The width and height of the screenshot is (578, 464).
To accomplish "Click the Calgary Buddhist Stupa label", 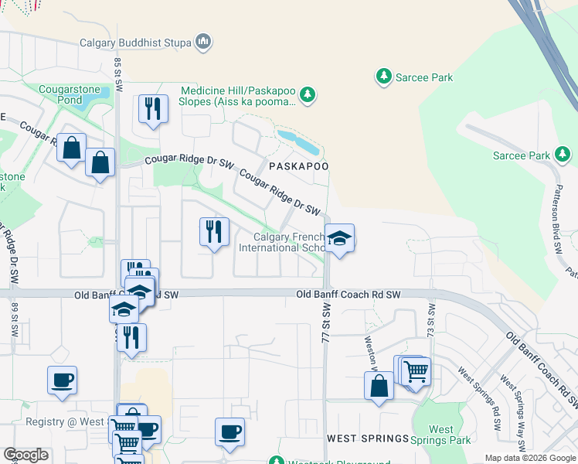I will click(x=135, y=43).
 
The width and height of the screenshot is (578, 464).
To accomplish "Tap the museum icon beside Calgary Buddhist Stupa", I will click(x=203, y=41).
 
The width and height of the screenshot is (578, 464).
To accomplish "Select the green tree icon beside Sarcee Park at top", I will click(x=382, y=77).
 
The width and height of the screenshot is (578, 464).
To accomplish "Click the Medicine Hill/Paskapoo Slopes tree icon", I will click(x=308, y=94).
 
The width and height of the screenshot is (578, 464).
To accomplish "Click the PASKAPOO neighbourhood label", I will click(x=299, y=166).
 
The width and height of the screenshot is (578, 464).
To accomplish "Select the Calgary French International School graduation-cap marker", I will click(x=339, y=239).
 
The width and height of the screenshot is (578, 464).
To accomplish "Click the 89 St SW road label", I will click(x=14, y=319).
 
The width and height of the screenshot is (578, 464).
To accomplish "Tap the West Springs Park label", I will click(x=441, y=435).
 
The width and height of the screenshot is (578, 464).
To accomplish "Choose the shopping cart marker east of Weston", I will click(x=416, y=372).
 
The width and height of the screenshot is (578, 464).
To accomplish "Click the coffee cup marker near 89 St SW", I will click(x=62, y=380).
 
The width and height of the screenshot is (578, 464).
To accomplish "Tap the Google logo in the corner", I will click(x=25, y=455).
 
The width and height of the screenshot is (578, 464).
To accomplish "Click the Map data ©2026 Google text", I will click(x=529, y=458).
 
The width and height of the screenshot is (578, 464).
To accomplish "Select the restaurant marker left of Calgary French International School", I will click(x=213, y=232).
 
